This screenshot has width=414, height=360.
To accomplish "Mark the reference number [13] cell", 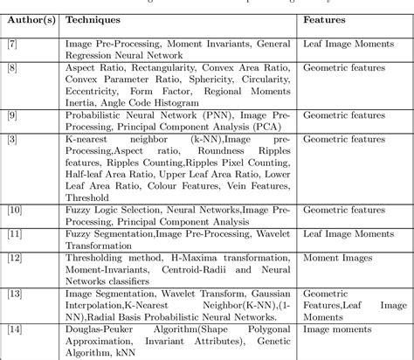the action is (17, 294).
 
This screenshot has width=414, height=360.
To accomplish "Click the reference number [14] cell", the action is (17, 330).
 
